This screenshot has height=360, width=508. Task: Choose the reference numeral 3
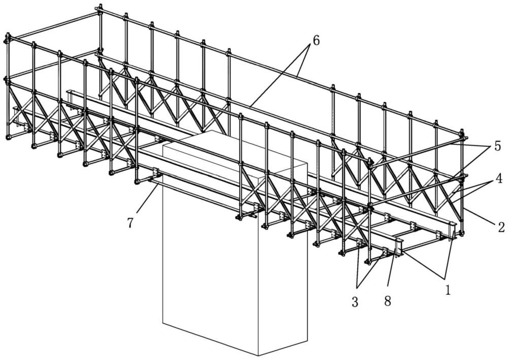355,302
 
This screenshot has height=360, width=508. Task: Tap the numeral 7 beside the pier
131,223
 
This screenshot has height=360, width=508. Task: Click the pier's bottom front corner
258,355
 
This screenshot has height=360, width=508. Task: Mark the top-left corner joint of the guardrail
8,38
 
